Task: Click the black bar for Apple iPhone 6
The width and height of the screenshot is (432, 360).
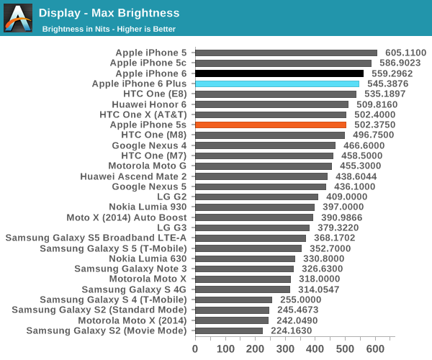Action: [279, 73]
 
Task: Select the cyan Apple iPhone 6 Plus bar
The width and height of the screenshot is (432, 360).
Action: [277, 84]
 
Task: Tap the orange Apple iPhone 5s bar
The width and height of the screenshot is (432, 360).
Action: [271, 125]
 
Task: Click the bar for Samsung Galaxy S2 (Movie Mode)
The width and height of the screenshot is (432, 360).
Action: [229, 330]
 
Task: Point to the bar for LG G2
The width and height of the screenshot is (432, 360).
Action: [256, 197]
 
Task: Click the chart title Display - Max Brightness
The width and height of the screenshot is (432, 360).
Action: [109, 13]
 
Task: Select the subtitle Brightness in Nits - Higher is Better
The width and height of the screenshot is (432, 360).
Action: [109, 29]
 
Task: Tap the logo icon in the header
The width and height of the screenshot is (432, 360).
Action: [18, 18]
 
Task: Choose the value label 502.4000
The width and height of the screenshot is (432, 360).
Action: [374, 114]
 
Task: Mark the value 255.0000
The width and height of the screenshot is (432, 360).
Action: [301, 300]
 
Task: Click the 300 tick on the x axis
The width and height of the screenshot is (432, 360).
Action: [285, 348]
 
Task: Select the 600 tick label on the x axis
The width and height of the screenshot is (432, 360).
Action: [375, 348]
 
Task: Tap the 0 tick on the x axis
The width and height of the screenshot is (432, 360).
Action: [195, 348]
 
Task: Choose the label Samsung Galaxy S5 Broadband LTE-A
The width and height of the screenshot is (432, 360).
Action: [96, 238]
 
